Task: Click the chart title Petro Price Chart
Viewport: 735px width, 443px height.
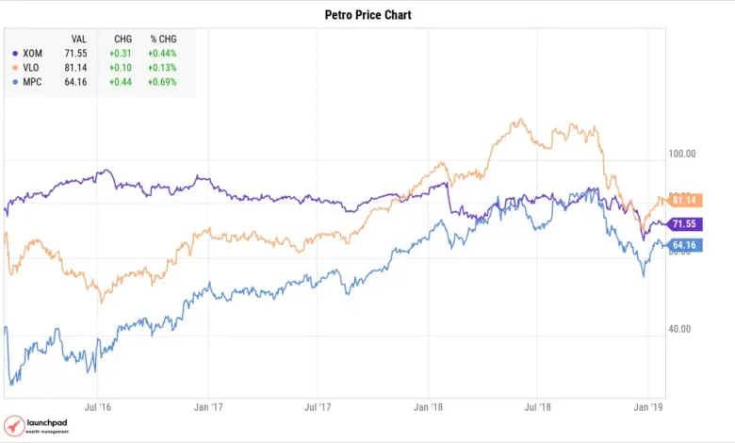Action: [x=367, y=15]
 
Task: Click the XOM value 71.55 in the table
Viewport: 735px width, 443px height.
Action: [x=78, y=53]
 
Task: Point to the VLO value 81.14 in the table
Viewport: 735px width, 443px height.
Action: [x=78, y=68]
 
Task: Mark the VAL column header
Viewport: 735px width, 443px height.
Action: [x=80, y=38]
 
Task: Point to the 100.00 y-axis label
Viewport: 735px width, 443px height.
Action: [x=681, y=154]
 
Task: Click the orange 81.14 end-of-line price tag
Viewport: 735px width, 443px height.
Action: [x=682, y=200]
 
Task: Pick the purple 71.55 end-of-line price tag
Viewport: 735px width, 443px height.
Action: [x=682, y=224]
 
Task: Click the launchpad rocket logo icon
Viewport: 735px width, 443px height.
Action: [x=14, y=426]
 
